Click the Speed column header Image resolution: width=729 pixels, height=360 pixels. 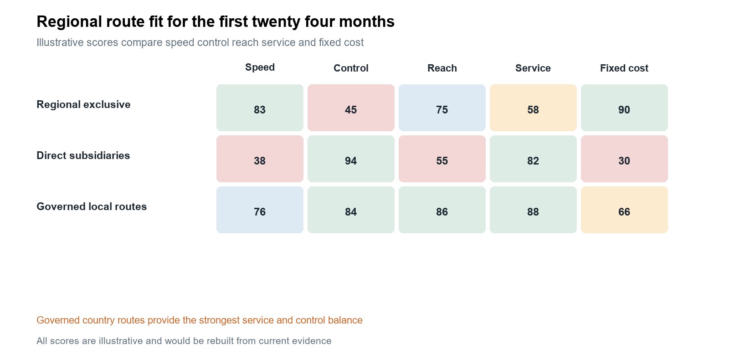(x=260, y=67)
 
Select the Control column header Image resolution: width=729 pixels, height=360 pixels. (x=351, y=68)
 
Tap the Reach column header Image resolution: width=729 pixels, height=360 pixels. (x=442, y=68)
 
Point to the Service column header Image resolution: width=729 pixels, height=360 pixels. (x=533, y=68)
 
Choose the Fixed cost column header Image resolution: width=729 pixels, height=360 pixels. (x=624, y=68)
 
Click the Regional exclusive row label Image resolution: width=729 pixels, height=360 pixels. (x=83, y=104)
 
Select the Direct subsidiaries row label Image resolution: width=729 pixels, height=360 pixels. (x=83, y=155)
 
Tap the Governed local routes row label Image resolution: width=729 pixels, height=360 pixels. (x=92, y=207)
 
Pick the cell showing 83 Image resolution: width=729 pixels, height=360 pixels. (x=260, y=108)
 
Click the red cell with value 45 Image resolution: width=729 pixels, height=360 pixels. (x=351, y=108)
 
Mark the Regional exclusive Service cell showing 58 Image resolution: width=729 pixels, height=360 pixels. (x=533, y=108)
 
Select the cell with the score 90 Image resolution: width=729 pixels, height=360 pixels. (x=624, y=108)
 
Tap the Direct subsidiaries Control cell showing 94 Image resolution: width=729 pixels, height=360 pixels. (x=351, y=159)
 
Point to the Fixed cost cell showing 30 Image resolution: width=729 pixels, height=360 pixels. (x=624, y=159)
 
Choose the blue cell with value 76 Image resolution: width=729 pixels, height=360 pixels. (x=260, y=210)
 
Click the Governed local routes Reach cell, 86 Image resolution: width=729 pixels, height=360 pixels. (x=442, y=210)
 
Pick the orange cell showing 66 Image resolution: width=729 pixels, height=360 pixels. (x=624, y=210)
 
